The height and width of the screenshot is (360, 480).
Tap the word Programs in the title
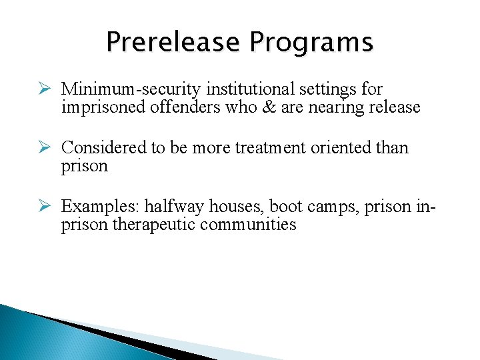311,43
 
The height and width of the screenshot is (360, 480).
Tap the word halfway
174,207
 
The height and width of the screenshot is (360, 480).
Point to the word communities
247,225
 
